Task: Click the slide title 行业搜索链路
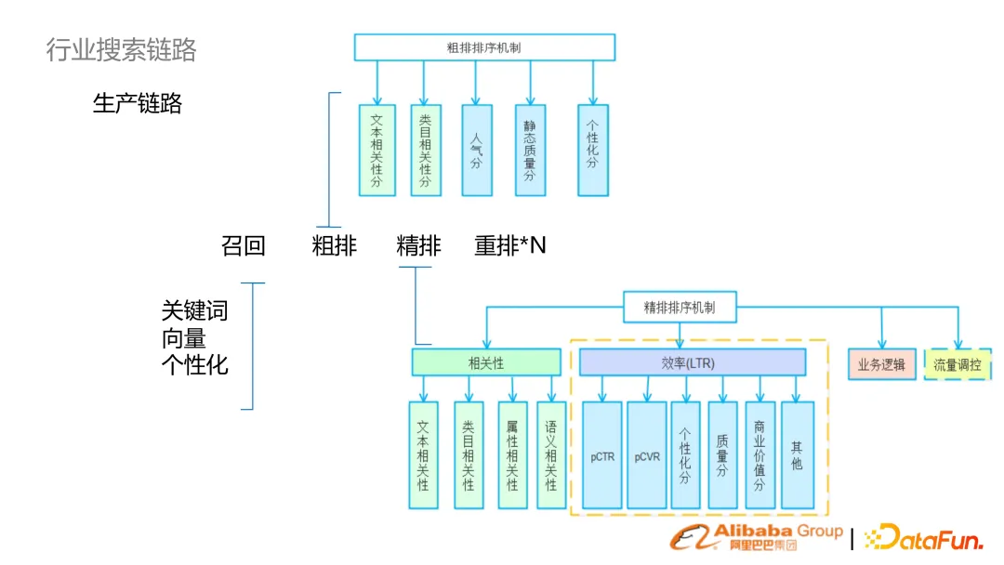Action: click(121, 49)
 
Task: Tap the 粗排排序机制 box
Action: click(483, 47)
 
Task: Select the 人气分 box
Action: click(476, 150)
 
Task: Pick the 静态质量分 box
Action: click(530, 150)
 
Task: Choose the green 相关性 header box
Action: click(486, 362)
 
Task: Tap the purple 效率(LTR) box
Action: click(692, 362)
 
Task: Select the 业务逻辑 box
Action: click(881, 364)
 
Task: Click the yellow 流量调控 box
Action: click(957, 364)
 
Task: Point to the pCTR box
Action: click(602, 455)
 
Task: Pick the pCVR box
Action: click(647, 455)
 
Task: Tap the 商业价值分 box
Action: click(760, 455)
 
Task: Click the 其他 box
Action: click(797, 455)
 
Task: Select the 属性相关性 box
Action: click(512, 455)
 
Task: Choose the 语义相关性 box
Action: click(550, 455)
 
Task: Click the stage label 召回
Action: click(243, 246)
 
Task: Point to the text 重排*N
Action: click(510, 246)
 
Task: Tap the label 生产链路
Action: click(138, 103)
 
